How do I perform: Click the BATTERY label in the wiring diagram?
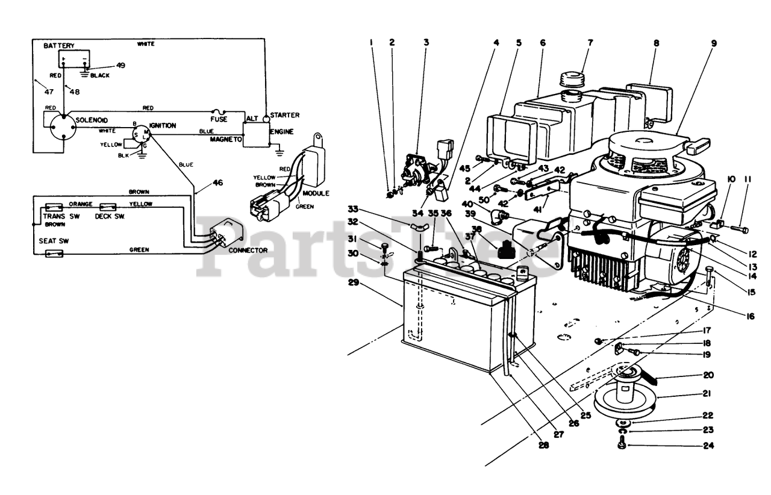(58, 46)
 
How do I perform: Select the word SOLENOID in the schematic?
(92, 121)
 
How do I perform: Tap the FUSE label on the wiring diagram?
(219, 119)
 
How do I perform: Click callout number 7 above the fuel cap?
(590, 43)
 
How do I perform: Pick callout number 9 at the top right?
(714, 43)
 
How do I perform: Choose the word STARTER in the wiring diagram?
(285, 114)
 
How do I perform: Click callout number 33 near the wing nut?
(353, 209)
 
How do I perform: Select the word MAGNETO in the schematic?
(226, 139)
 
